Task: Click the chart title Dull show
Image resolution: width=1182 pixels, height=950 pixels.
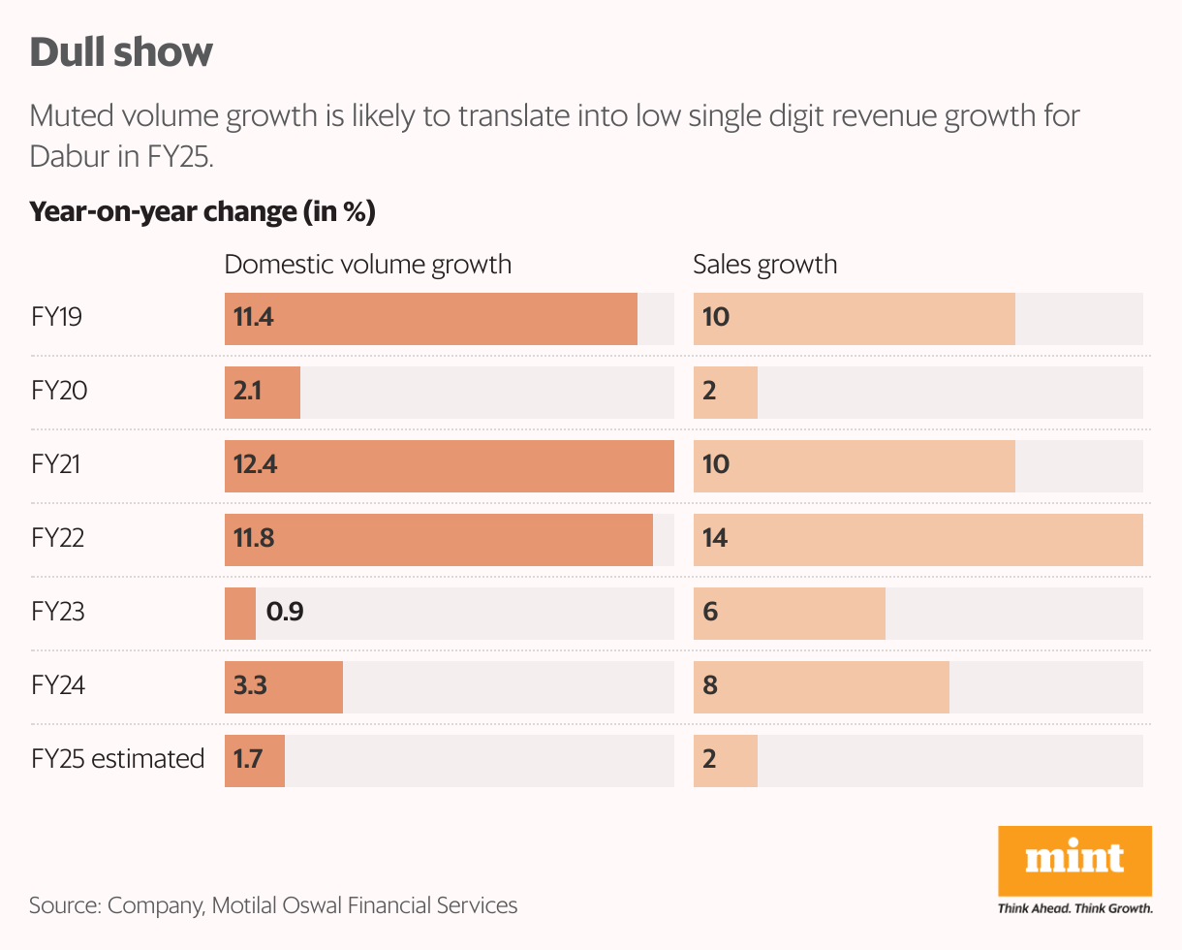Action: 121,53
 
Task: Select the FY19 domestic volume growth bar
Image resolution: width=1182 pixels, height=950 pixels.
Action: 431,318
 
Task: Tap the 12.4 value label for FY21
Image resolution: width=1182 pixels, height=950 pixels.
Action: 256,465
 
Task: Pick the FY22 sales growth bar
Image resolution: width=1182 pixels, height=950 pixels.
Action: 918,539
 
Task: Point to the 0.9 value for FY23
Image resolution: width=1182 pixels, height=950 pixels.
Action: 285,613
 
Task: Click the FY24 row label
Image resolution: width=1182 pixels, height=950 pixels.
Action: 58,686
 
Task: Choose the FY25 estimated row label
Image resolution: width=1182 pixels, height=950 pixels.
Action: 117,759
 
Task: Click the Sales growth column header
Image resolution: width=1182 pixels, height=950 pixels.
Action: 764,265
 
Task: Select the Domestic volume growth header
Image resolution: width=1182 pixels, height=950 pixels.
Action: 367,265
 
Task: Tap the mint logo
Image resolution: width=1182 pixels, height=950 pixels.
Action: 1074,861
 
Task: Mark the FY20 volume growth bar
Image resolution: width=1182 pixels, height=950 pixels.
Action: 263,392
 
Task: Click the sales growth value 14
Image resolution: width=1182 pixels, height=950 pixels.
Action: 715,539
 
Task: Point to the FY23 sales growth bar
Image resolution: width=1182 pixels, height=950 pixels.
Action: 790,613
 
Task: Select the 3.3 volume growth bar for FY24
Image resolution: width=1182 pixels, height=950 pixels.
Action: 284,686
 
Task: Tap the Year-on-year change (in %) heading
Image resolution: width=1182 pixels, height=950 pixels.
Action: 202,212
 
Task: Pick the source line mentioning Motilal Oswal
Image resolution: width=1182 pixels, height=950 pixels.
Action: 273,905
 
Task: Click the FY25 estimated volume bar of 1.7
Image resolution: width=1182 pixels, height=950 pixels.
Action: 255,759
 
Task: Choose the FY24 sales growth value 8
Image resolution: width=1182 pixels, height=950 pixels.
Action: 710,686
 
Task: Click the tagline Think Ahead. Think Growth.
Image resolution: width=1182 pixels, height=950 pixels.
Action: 1074,908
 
